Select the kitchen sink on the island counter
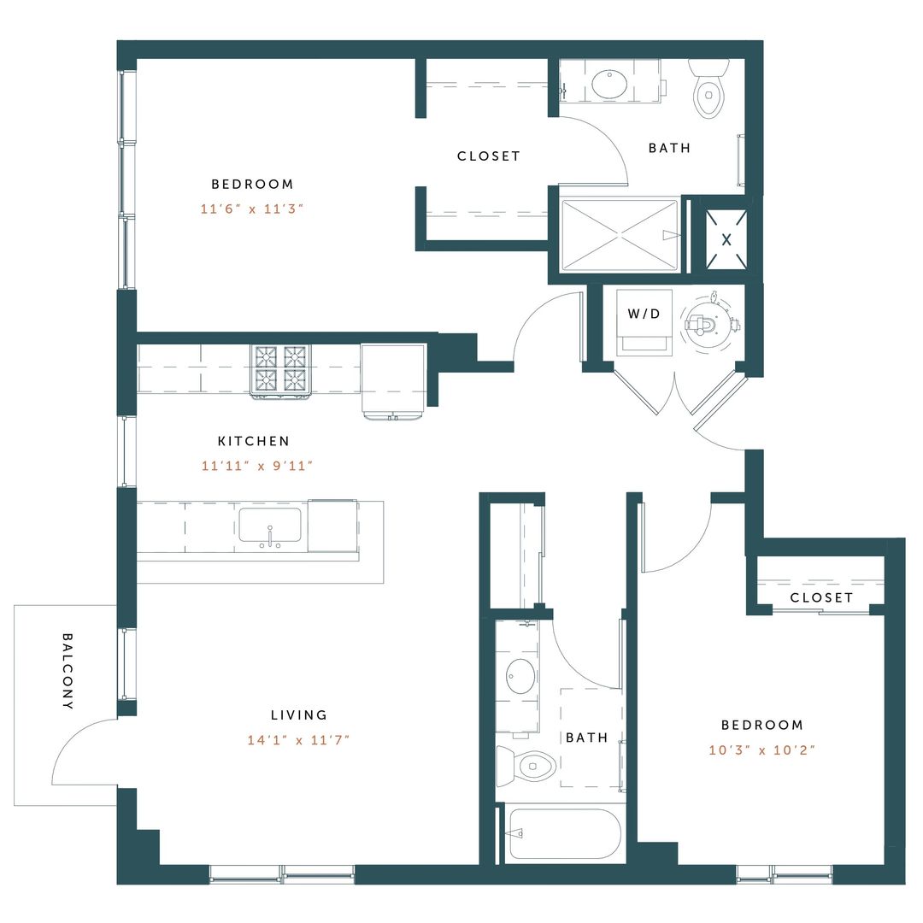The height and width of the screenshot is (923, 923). click(269, 526)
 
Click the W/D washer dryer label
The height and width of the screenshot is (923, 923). click(644, 314)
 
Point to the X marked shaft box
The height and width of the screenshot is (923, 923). click(726, 240)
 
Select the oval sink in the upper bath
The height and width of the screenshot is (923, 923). click(608, 84)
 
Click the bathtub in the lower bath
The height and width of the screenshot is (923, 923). click(563, 833)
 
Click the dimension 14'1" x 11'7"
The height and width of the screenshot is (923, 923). click(298, 740)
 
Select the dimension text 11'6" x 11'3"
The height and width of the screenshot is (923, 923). click(252, 209)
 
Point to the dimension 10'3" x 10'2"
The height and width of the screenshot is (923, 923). click(762, 750)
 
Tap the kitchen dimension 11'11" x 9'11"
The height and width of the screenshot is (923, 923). click(254, 467)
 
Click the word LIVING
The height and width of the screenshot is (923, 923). click(298, 715)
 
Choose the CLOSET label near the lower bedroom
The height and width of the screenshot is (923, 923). click(820, 597)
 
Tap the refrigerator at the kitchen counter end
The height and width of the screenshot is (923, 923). click(393, 379)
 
